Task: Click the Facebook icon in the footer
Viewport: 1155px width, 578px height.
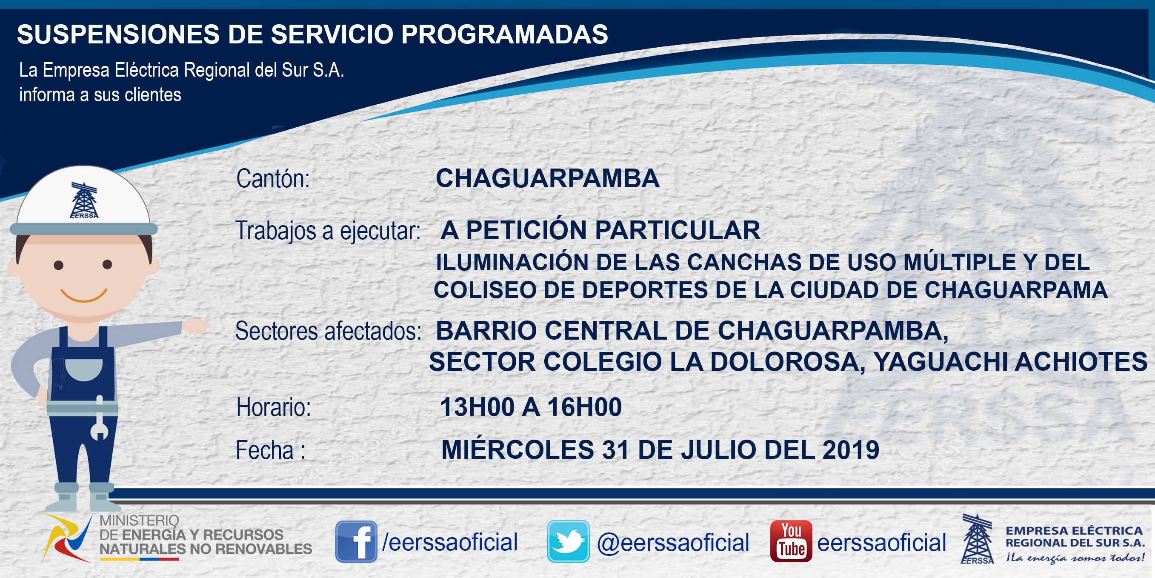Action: [356, 541]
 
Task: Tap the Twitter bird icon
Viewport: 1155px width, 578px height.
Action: [568, 541]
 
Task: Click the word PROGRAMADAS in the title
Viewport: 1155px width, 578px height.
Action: [504, 34]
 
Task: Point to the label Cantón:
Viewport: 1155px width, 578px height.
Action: [273, 178]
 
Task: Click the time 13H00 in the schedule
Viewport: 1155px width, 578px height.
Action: [477, 407]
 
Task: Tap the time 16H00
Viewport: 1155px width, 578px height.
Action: [585, 407]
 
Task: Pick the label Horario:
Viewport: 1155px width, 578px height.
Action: [274, 407]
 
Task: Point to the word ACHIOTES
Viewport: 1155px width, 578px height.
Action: [1081, 362]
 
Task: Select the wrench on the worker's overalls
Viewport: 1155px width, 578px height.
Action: [100, 418]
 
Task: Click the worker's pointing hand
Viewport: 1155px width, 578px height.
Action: [196, 326]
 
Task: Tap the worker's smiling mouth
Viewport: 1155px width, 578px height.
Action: [84, 295]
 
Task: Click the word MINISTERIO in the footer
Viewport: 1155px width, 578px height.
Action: [139, 521]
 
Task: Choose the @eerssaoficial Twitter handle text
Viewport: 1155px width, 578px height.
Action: [673, 543]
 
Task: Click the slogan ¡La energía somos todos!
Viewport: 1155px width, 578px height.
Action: [1075, 558]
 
